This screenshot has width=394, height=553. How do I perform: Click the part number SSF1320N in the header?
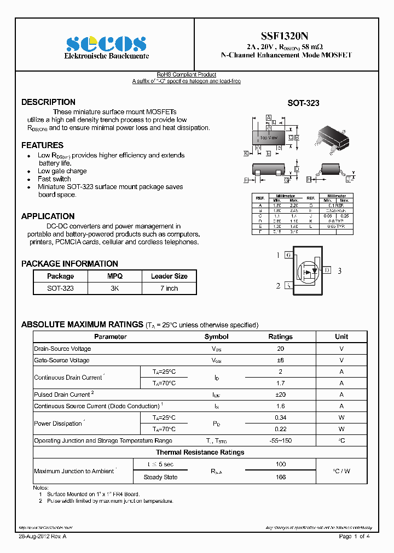287,36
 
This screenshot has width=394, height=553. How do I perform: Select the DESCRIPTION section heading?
48,102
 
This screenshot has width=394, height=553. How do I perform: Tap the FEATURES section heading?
42,145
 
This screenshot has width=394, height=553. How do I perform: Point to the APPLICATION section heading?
48,216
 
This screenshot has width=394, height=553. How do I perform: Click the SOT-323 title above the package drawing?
303,103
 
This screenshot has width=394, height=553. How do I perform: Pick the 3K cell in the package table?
115,288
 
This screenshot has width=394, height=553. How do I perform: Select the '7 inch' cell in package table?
169,288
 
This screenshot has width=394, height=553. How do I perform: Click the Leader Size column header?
169,276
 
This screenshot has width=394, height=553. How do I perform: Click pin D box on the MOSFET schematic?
327,270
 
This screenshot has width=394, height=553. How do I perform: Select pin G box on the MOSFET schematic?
288,255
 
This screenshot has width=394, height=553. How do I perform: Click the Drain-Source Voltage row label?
62,349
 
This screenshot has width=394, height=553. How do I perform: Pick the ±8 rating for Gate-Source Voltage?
280,360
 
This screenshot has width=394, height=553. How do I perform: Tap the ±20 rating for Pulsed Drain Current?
280,395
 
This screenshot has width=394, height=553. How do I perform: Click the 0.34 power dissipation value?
280,417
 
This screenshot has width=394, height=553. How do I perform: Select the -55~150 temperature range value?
280,440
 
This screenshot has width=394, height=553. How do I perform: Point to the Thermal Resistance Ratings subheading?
200,452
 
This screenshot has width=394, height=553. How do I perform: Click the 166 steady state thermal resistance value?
280,477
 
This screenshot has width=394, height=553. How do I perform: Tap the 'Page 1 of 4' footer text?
355,537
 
